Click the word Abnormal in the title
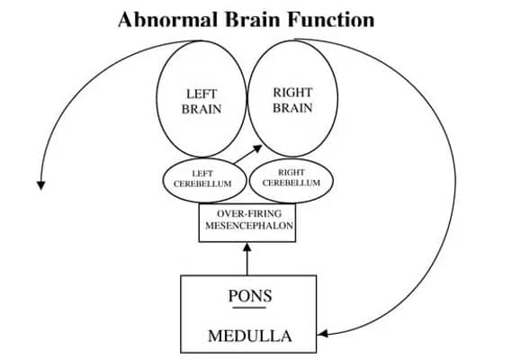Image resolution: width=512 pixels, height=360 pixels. point(167,19)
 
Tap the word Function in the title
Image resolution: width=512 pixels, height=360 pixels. point(331,19)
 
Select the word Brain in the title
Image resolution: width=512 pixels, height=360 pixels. point(252,19)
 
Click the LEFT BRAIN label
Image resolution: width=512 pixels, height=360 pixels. point(202,102)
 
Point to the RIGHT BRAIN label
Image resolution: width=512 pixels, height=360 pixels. point(292,100)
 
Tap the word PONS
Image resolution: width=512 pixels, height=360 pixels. point(250,296)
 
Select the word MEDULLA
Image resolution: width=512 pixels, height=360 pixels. point(250,337)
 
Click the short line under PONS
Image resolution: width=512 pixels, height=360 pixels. point(249,308)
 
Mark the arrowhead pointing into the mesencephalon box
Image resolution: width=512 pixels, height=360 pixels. point(247,247)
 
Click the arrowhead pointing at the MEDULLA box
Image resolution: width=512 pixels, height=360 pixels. point(322,334)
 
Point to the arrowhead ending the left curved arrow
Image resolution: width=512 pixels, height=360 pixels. point(40,185)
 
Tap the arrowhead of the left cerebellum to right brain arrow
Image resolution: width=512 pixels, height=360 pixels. point(258,148)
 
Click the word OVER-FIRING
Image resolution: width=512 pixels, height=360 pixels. point(249,214)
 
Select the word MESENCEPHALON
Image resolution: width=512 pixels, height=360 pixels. point(249,226)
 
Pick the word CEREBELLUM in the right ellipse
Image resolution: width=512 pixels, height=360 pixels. point(292,183)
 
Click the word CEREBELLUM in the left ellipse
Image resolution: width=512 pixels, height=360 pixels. point(202,184)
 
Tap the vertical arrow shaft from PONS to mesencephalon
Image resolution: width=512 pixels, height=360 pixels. point(247,263)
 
